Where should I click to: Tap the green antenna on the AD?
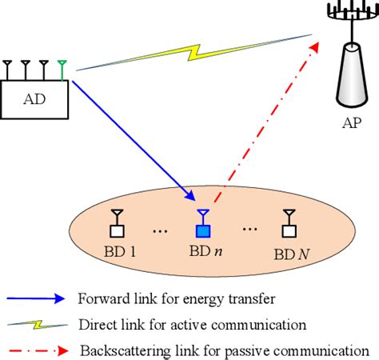pos(62,70)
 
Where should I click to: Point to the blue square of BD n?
pos(202,232)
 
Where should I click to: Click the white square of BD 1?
pos(117,232)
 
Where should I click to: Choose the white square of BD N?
pos(288,232)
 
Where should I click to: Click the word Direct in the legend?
pos(94,325)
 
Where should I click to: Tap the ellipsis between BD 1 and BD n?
pos(159,231)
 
